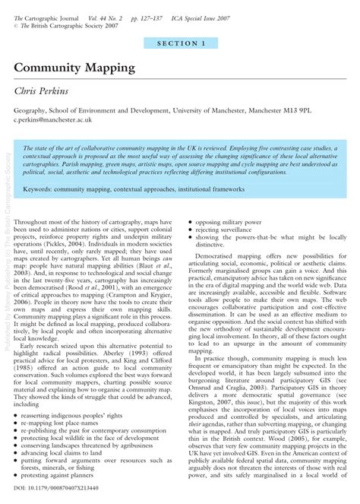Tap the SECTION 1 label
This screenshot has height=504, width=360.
181,44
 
